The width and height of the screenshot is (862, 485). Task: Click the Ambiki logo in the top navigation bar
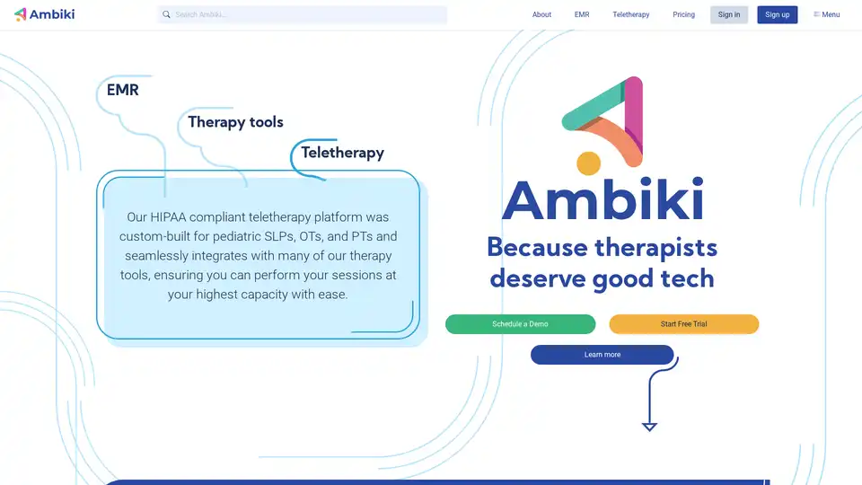click(44, 14)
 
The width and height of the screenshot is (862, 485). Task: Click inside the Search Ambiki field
click(305, 14)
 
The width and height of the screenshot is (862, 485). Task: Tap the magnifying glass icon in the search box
click(166, 14)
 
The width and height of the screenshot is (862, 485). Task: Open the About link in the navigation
click(541, 14)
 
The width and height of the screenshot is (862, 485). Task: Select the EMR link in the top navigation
click(582, 14)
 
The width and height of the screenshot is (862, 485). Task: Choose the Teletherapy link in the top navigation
click(630, 14)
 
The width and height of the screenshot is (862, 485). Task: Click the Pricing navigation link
click(683, 14)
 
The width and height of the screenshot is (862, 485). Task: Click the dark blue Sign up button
click(777, 14)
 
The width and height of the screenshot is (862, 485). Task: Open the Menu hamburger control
click(826, 14)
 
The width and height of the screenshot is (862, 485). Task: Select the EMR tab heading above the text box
click(123, 90)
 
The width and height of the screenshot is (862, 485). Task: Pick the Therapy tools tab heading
click(235, 122)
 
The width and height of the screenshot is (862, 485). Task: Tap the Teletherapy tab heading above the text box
click(342, 153)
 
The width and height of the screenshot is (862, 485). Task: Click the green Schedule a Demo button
click(520, 324)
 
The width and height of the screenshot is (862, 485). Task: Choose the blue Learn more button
click(602, 355)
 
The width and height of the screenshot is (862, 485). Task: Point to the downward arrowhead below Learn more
click(649, 426)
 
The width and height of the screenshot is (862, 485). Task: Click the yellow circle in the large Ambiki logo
click(588, 163)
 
